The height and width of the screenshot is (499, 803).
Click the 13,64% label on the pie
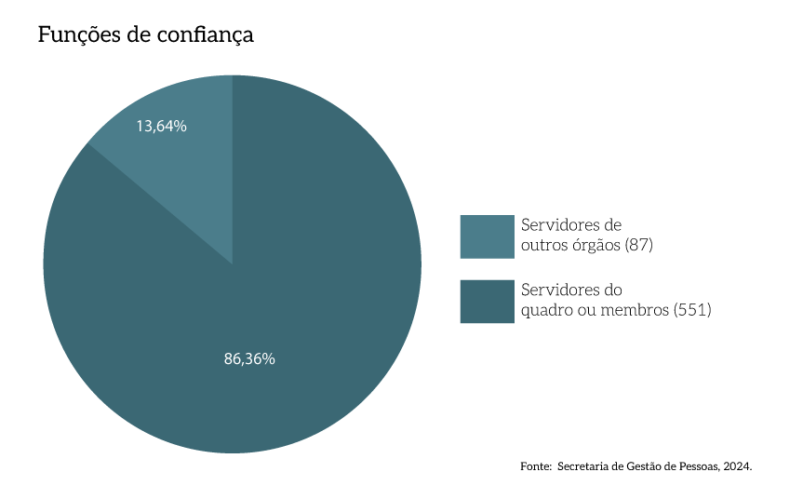point(161,126)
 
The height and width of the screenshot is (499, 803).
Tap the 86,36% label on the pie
point(249,358)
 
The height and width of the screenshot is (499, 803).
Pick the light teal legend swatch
point(487,236)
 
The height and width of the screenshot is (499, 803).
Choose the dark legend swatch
point(487,302)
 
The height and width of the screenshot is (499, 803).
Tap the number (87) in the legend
point(641,245)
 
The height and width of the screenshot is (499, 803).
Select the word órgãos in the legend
point(593,245)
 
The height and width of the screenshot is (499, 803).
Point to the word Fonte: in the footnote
point(536,465)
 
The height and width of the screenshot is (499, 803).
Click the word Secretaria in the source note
point(585,465)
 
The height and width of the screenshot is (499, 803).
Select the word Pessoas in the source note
point(697,465)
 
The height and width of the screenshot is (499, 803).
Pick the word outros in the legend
point(542,245)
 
